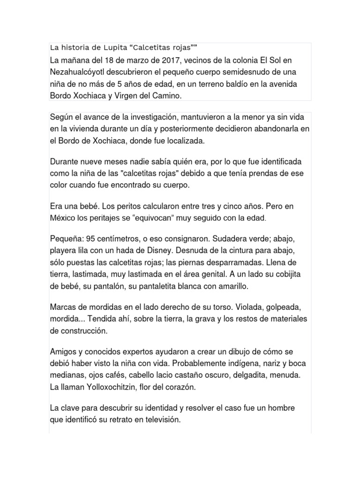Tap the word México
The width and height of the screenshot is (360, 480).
[63, 218]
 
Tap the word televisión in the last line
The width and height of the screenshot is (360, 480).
[158, 421]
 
